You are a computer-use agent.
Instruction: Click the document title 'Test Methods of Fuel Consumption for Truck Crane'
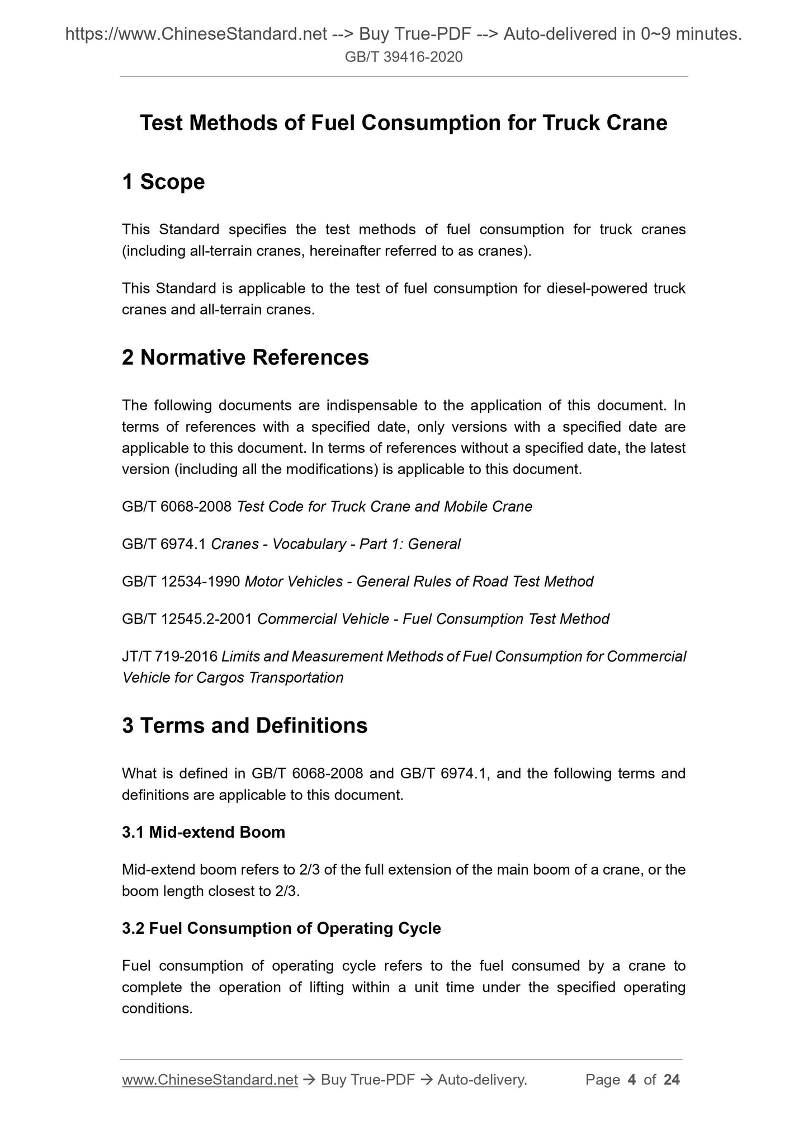403,123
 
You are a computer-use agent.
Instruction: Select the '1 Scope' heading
163,182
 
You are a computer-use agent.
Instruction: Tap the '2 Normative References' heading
245,357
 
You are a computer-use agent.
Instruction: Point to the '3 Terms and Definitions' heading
244,725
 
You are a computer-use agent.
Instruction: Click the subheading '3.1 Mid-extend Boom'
204,832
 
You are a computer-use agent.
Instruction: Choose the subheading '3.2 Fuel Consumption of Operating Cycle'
281,928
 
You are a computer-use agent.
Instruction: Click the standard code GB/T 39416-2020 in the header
404,57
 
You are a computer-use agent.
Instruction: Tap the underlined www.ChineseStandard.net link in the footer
210,1080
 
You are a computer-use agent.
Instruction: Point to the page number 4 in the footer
632,1080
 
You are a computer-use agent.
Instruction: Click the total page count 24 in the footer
672,1080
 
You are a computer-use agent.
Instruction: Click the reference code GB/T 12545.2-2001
187,619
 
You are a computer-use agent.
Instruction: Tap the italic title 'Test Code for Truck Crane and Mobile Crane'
385,507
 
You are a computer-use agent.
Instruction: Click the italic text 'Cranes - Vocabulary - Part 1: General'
336,544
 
